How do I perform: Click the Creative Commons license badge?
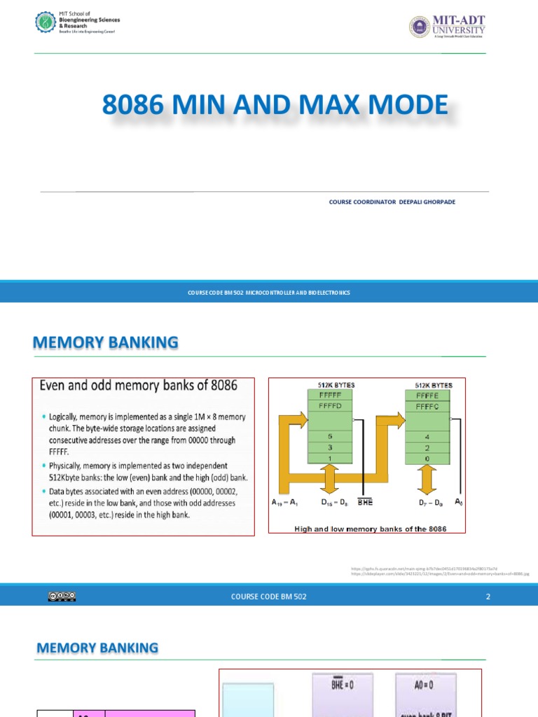click(62, 596)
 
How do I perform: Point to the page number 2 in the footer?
click(488, 597)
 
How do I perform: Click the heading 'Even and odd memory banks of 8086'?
click(139, 386)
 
